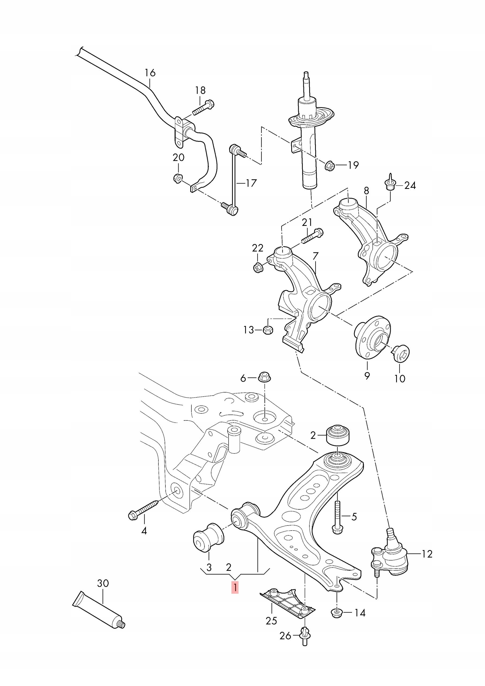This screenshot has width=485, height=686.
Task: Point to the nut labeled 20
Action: [178, 178]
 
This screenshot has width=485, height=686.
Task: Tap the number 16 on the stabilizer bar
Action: [150, 73]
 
